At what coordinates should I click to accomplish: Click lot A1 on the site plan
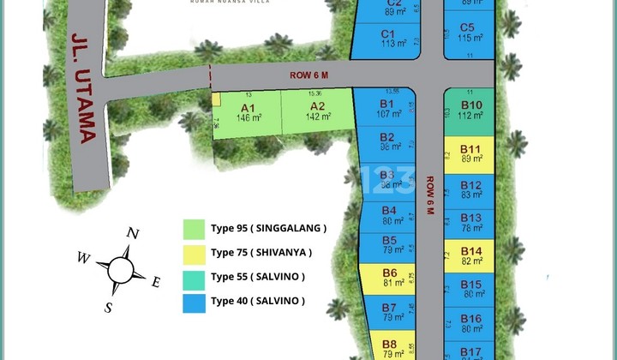249,112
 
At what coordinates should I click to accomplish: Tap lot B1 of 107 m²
386,109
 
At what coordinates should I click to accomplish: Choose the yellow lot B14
470,255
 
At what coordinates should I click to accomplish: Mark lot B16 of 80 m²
470,322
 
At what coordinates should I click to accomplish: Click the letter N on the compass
132,233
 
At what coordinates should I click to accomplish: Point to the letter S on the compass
109,308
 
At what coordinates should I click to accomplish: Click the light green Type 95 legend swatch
195,229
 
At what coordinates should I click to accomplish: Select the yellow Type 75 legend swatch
195,253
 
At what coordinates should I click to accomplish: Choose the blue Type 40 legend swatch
195,302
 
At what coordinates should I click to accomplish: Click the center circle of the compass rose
121,270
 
